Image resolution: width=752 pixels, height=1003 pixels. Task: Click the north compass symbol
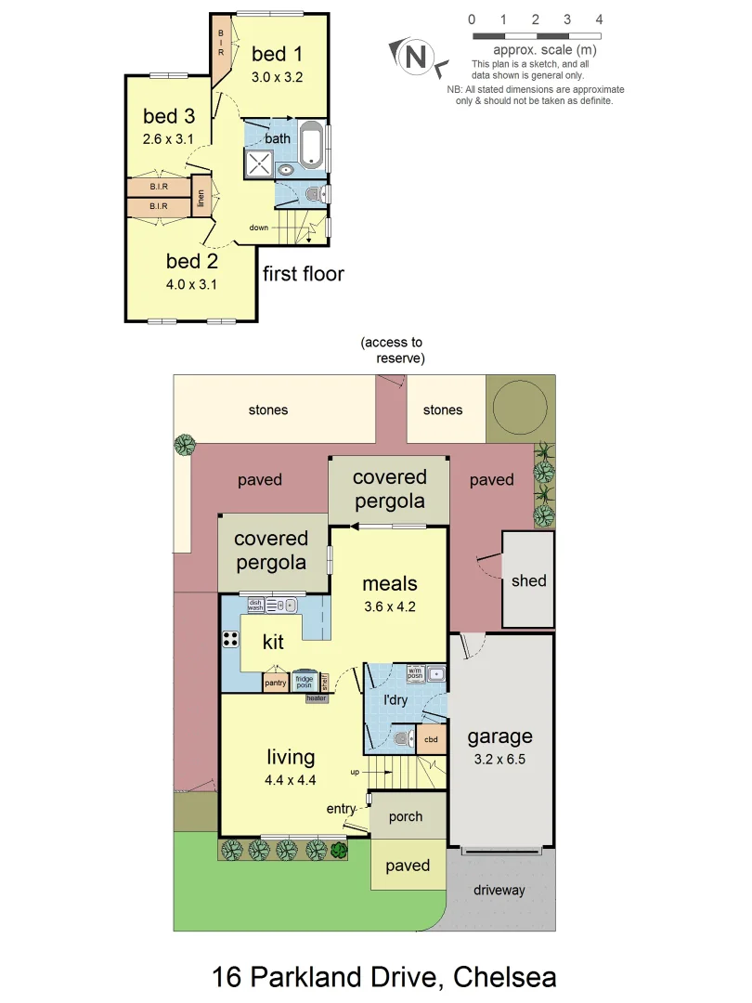pyautogui.click(x=416, y=57)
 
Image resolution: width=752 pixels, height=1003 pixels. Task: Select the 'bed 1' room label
pyautogui.click(x=277, y=54)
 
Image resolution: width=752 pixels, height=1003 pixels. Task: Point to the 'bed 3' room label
pyautogui.click(x=169, y=116)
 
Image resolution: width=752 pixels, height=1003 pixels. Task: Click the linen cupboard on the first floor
pyautogui.click(x=201, y=197)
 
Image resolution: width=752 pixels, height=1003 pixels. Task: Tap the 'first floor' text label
pyautogui.click(x=303, y=274)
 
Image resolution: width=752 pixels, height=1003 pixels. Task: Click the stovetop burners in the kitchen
pyautogui.click(x=230, y=639)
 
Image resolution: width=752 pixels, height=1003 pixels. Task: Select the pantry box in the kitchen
pyautogui.click(x=276, y=684)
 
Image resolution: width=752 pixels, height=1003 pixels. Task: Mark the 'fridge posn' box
pyautogui.click(x=305, y=681)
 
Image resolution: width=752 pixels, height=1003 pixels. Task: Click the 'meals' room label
pyautogui.click(x=389, y=584)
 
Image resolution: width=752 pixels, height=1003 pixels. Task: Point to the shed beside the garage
pyautogui.click(x=528, y=580)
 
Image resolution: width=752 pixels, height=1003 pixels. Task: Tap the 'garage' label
pyautogui.click(x=499, y=736)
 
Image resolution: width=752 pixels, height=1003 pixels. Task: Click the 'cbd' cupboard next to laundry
pyautogui.click(x=431, y=739)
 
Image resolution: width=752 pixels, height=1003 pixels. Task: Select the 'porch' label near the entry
pyautogui.click(x=405, y=817)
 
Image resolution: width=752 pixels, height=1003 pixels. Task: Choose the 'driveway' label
pyautogui.click(x=499, y=891)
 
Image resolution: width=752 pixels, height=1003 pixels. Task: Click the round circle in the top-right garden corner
pyautogui.click(x=520, y=406)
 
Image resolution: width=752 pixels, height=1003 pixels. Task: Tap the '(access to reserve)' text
pyautogui.click(x=391, y=350)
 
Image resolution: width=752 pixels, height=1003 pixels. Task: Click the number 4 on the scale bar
pyautogui.click(x=599, y=20)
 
